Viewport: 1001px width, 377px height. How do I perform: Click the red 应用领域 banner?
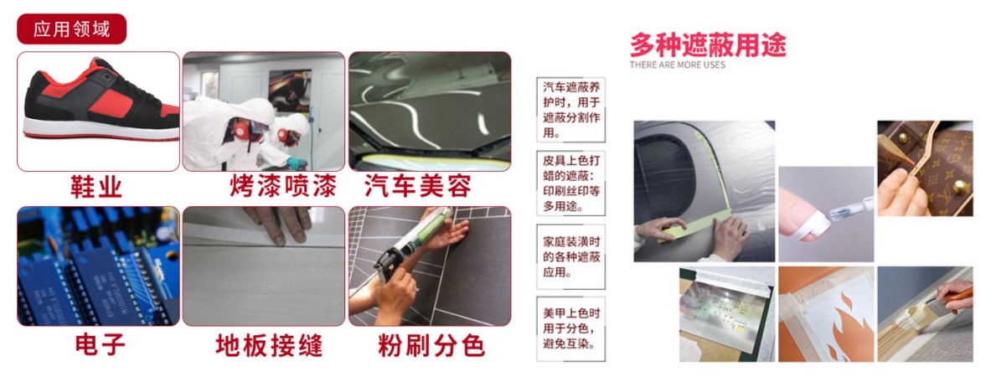click(x=71, y=28)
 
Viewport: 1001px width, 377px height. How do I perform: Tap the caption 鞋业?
click(x=95, y=187)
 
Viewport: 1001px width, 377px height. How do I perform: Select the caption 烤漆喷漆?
click(x=283, y=187)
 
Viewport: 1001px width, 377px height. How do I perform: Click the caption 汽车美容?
click(x=418, y=187)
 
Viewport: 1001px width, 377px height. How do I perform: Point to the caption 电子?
click(x=101, y=345)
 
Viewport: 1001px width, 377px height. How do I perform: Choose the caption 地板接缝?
click(x=269, y=346)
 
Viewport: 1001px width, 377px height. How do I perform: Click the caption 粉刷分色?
click(x=431, y=346)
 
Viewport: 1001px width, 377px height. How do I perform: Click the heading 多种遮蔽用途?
click(x=707, y=45)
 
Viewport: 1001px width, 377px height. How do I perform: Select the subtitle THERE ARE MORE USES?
click(x=678, y=65)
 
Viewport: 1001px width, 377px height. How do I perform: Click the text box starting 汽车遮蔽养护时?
click(x=571, y=110)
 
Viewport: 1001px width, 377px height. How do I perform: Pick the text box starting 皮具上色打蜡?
click(x=571, y=183)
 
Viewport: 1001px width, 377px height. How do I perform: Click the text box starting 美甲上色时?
click(x=571, y=328)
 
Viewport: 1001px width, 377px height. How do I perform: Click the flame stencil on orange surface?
click(x=828, y=314)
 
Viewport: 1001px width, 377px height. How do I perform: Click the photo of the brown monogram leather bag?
click(x=925, y=168)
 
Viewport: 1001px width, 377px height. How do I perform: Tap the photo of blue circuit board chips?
click(x=98, y=266)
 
